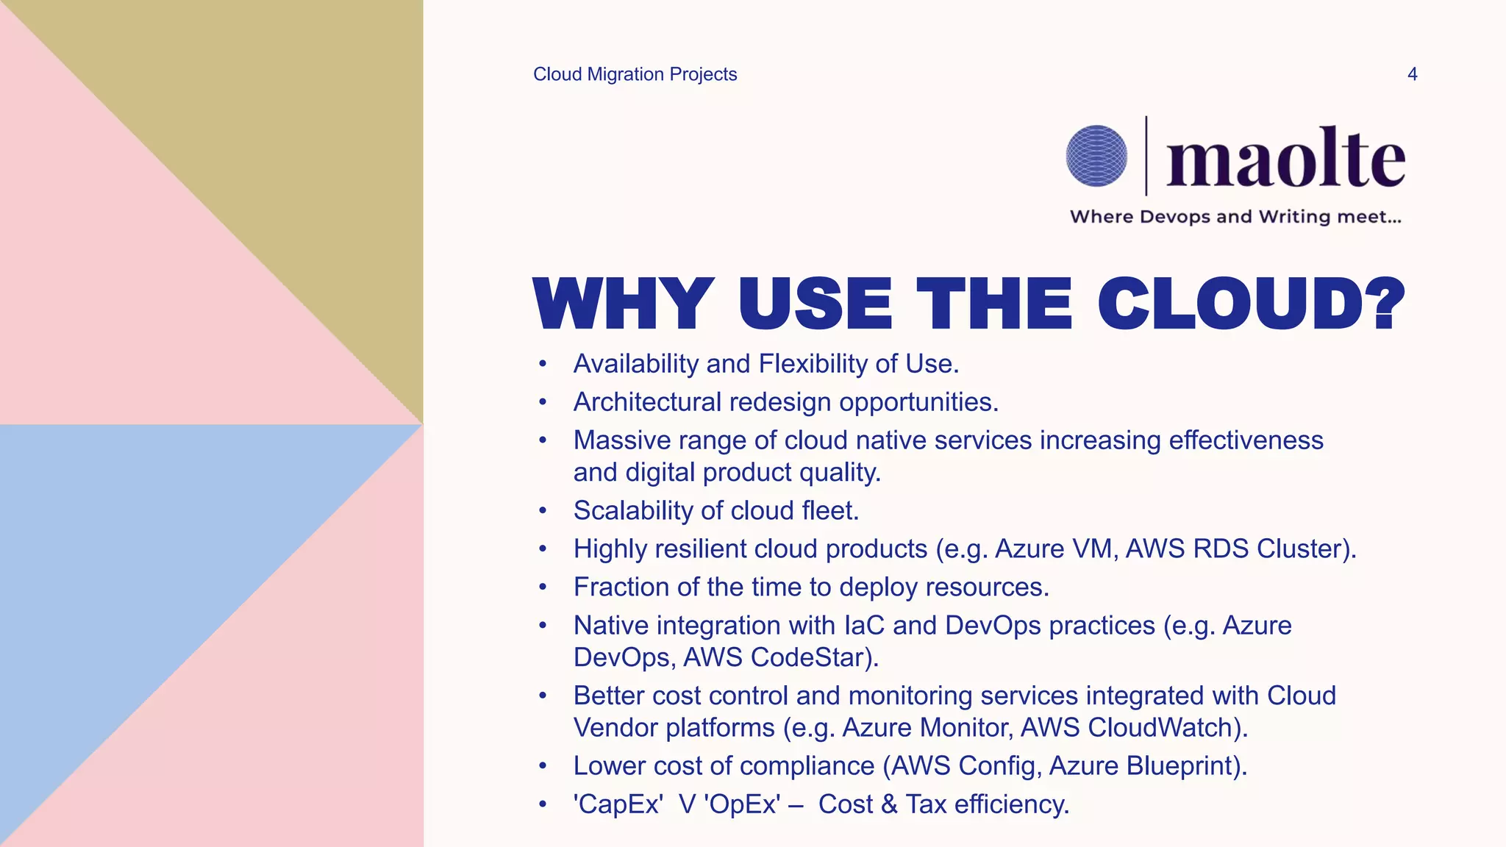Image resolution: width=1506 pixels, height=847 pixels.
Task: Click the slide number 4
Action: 1412,74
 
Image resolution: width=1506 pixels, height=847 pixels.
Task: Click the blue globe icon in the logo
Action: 1096,156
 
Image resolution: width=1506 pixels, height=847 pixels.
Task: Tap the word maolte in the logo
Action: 1285,159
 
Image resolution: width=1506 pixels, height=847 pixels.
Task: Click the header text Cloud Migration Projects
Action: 635,74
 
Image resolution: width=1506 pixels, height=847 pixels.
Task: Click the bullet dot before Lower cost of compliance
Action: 543,766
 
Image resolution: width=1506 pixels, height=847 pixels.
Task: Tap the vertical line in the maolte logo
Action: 1146,156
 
